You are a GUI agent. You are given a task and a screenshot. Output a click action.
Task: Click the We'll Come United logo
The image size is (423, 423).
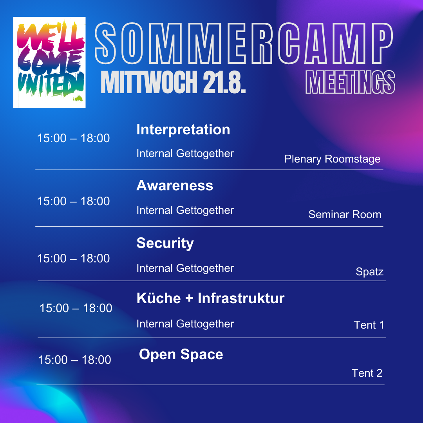(x=49, y=62)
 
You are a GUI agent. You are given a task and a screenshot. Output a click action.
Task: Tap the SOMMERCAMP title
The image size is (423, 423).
(x=244, y=43)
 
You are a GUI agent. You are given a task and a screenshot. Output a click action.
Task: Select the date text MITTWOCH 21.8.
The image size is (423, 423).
(x=173, y=82)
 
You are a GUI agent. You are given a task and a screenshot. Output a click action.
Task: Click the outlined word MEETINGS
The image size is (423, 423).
(x=351, y=82)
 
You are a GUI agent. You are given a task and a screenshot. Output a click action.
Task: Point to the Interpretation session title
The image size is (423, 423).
(x=183, y=130)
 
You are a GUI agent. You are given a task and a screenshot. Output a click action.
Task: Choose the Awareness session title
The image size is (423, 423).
(x=175, y=186)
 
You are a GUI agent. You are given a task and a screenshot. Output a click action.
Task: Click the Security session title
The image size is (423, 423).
(x=165, y=243)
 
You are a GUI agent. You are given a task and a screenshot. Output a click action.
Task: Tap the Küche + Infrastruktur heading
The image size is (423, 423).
(x=210, y=298)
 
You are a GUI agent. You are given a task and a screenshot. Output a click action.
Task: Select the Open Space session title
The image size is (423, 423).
(x=181, y=354)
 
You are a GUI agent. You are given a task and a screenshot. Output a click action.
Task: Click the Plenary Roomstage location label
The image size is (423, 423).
(x=333, y=159)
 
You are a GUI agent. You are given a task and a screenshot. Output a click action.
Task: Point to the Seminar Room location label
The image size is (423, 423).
(x=345, y=215)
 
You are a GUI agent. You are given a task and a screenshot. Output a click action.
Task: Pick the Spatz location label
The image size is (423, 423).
(x=370, y=272)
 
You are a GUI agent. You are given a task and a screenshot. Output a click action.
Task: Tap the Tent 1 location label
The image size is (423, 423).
(x=369, y=325)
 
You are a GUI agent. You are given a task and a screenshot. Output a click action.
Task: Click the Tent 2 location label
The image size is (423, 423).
(x=367, y=373)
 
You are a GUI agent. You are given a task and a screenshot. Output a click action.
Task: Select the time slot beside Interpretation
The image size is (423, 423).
(x=73, y=138)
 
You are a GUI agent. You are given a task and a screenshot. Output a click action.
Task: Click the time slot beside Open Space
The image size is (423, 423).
(x=75, y=360)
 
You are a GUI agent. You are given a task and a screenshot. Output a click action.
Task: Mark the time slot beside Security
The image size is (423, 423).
(x=73, y=258)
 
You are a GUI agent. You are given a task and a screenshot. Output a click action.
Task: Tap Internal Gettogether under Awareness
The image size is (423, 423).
(x=185, y=211)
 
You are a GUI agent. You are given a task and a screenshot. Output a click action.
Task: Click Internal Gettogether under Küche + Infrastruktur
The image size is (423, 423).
(x=185, y=324)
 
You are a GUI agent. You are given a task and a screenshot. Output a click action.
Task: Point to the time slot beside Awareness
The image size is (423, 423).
(x=73, y=201)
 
